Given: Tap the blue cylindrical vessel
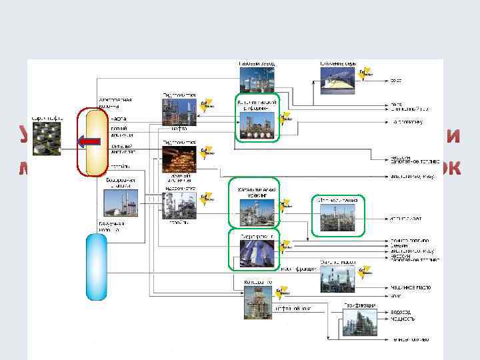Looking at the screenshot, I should pyautogui.click(x=96, y=267).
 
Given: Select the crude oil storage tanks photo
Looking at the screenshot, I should pyautogui.click(x=47, y=139).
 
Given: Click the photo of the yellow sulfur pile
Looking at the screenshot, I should pyautogui.click(x=337, y=80).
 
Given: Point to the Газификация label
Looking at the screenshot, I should pyautogui.click(x=359, y=305).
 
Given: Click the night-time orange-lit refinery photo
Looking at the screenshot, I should pyautogui.click(x=178, y=159).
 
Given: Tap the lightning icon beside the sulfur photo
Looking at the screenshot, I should pyautogui.click(x=364, y=73).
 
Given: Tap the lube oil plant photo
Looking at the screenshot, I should pyautogui.click(x=337, y=279).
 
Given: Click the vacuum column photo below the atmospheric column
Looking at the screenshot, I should pyautogui.click(x=120, y=203).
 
